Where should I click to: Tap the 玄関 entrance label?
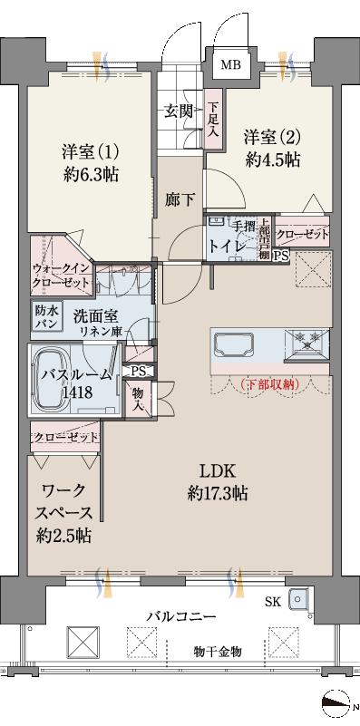[x=178, y=111]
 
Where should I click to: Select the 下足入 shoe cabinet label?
[x=212, y=119]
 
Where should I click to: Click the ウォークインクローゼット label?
[x=61, y=276]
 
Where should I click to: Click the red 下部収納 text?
[x=271, y=384]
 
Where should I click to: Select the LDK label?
[x=218, y=471]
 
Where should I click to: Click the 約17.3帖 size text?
[x=218, y=494]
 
